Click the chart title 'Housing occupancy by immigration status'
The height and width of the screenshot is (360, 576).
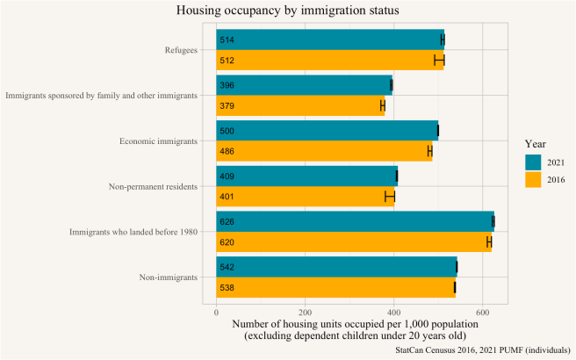coord(288,11)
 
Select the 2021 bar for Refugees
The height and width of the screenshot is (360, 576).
coord(330,40)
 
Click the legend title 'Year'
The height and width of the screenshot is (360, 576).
coord(536,142)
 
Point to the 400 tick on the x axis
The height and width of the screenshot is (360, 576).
coord(393,311)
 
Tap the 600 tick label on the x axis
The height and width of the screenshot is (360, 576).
coord(482,311)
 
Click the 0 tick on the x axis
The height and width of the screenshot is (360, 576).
coord(216,311)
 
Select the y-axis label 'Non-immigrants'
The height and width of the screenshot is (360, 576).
coord(168,277)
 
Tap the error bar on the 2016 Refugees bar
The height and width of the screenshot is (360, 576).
coord(439,60)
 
